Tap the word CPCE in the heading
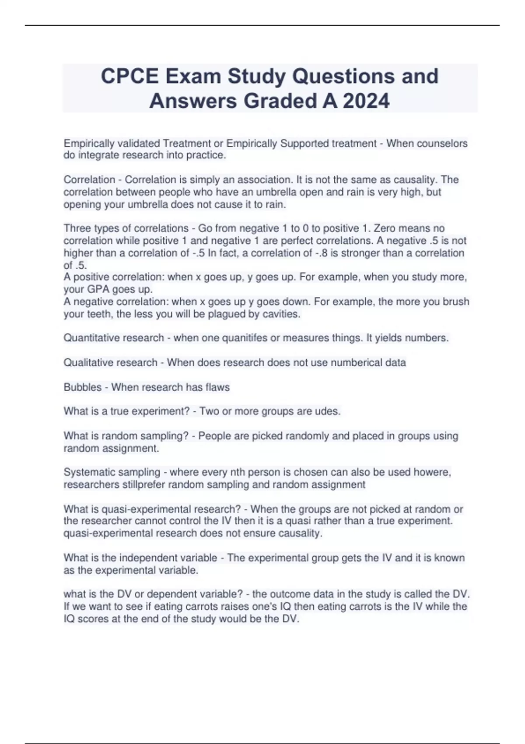pos(130,77)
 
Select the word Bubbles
pos(82,387)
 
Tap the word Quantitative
pos(91,338)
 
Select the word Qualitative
pos(87,362)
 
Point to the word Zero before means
pos(385,228)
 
